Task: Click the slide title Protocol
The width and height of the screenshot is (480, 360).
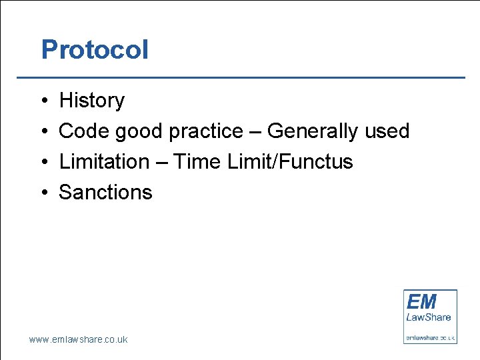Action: pos(95,50)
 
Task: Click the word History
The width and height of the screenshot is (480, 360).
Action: pos(91,101)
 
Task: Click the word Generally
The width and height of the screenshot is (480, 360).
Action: pos(313,132)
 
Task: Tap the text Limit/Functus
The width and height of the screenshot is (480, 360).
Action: pos(288,162)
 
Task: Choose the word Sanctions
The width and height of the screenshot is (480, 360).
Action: pos(105,193)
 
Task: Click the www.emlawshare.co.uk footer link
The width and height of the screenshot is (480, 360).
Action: pos(78,339)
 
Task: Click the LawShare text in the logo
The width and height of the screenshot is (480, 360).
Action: pos(429,317)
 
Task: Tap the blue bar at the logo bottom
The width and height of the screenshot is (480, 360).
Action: pos(430,337)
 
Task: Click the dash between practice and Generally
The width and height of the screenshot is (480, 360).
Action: pos(255,132)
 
